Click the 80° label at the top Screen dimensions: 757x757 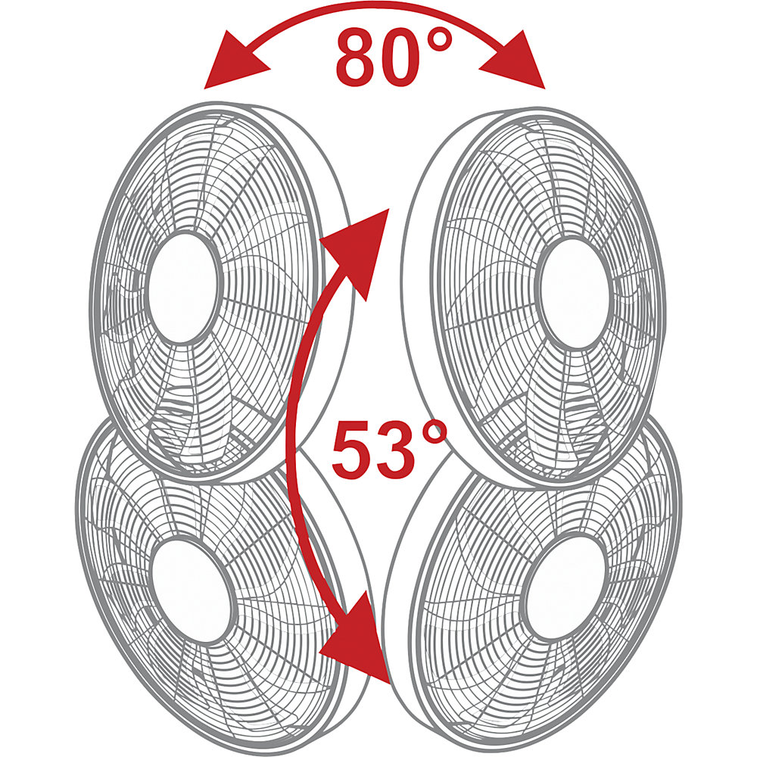(x=394, y=57)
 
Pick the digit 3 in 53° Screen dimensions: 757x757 (x=394, y=450)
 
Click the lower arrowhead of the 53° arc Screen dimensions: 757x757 (x=357, y=638)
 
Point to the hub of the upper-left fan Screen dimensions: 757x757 (x=182, y=288)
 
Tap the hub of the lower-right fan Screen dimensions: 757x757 (x=565, y=587)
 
